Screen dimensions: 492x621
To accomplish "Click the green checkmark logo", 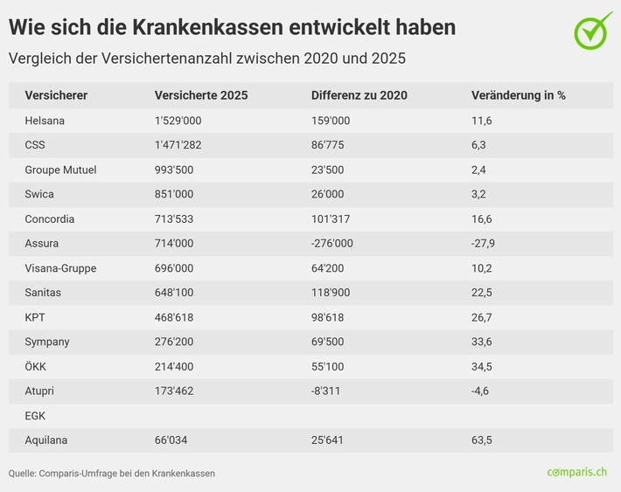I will (593, 30).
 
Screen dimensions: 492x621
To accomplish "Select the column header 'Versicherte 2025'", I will (201, 95).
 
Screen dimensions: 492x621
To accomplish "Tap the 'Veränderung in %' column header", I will (518, 95).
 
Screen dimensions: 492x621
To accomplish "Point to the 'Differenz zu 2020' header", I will (359, 95).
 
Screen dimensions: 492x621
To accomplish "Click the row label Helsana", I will (45, 121).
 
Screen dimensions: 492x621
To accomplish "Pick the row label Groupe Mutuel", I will (60, 170).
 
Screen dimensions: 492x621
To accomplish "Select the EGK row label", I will (36, 415).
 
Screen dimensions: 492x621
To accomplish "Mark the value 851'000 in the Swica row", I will (174, 194).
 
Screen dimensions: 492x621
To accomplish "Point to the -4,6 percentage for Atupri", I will (480, 391).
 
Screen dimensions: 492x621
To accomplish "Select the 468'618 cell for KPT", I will (174, 317).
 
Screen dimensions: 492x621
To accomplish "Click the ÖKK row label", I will (36, 366).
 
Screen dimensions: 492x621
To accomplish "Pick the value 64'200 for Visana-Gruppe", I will (329, 267).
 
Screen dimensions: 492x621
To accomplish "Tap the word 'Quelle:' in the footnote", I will (23, 473).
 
